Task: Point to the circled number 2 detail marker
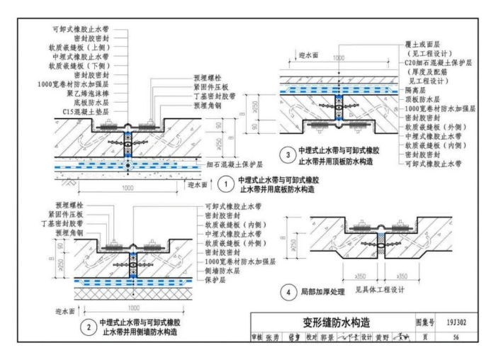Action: point(88,327)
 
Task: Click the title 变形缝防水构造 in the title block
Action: point(331,322)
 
